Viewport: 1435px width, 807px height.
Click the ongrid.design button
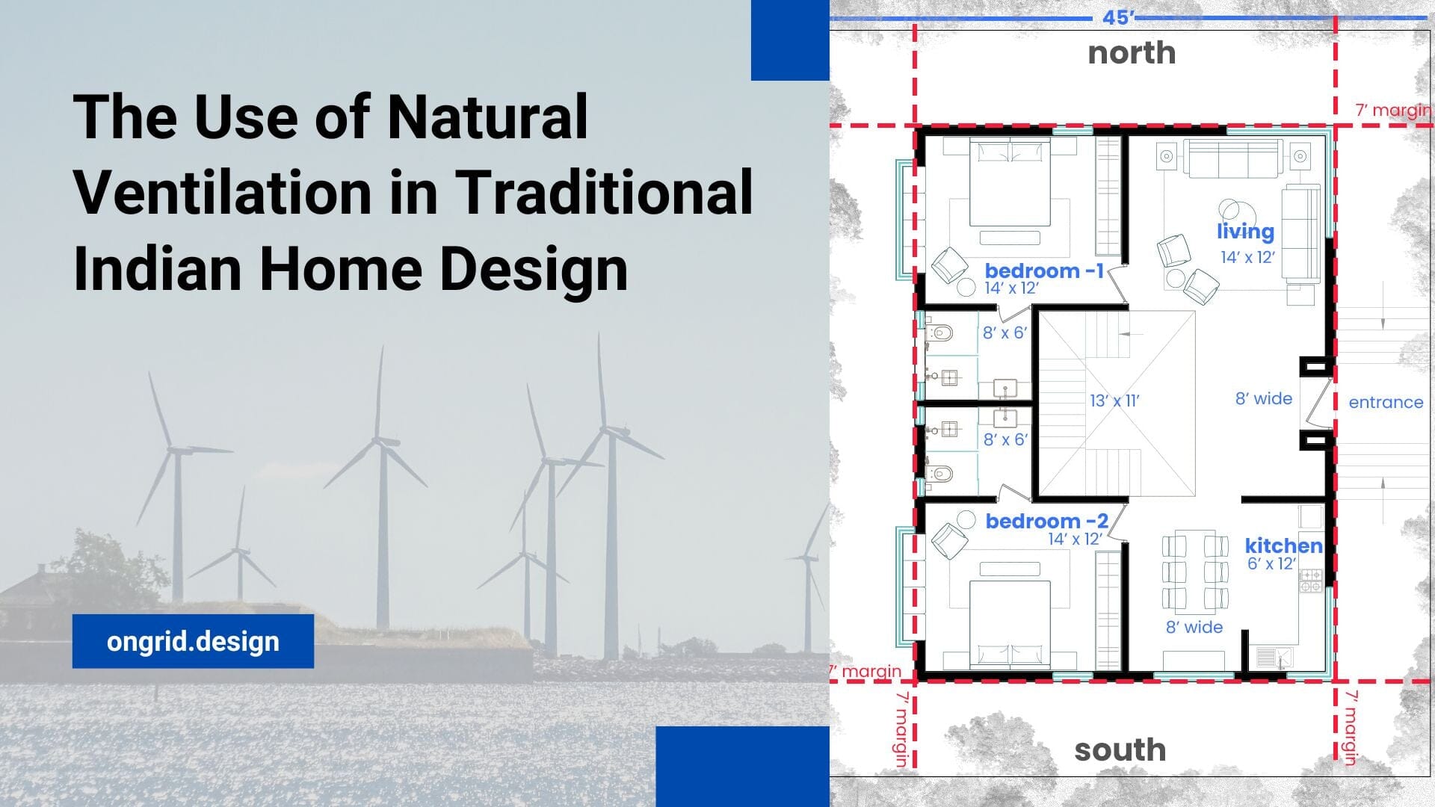click(x=193, y=641)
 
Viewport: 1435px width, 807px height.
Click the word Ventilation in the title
click(x=223, y=192)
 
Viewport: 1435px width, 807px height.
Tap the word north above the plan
click(x=1132, y=53)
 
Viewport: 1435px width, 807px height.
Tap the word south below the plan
click(x=1120, y=749)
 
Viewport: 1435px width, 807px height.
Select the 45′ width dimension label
click(x=1118, y=17)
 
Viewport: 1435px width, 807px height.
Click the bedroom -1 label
click(x=1044, y=270)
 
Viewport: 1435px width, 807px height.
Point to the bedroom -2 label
click(x=1046, y=521)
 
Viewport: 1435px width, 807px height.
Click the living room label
click(x=1245, y=232)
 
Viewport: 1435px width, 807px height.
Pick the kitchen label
click(x=1283, y=545)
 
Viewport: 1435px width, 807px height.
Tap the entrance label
click(x=1386, y=402)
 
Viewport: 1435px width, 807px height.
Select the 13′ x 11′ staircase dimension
click(x=1114, y=401)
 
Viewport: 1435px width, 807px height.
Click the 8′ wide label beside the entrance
click(x=1263, y=399)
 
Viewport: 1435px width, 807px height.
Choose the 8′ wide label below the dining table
click(x=1194, y=627)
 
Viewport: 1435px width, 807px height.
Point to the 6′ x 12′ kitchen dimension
click(x=1271, y=564)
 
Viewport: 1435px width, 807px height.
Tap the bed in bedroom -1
click(x=1010, y=183)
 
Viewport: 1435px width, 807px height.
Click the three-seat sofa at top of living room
click(x=1232, y=158)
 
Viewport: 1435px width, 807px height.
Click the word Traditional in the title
click(x=604, y=192)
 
